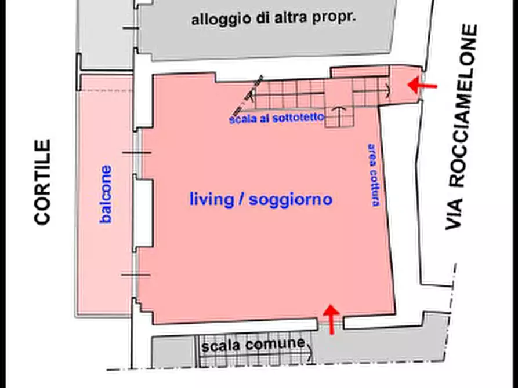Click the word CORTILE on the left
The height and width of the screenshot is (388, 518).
tap(42, 181)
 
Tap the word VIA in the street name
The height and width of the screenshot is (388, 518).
tap(455, 210)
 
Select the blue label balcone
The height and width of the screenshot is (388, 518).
tap(106, 195)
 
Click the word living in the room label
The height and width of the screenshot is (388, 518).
tap(210, 199)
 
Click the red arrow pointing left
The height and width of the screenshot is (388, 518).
tap(422, 85)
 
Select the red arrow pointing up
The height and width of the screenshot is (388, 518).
tap(331, 319)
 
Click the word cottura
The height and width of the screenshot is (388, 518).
tap(375, 188)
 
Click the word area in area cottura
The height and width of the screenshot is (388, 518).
tap(372, 154)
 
